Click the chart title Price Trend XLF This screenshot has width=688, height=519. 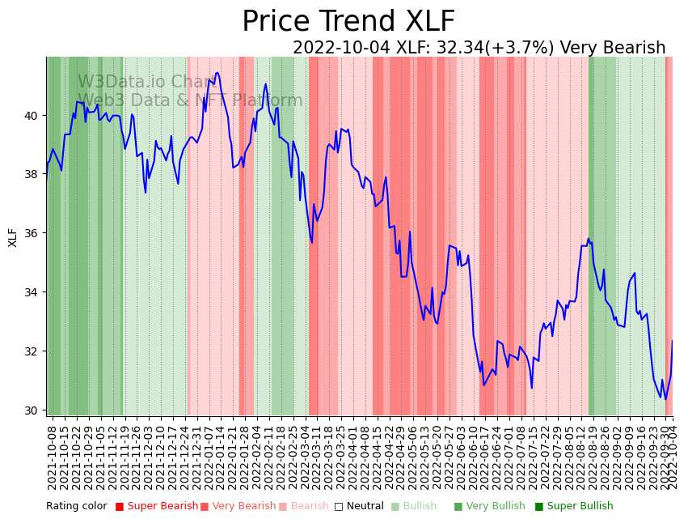348,22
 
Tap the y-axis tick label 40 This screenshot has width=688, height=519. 32,116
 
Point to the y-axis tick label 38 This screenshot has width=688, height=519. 32,174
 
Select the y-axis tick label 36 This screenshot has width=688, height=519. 32,233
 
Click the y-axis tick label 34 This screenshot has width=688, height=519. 32,292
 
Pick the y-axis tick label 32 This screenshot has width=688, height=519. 32,351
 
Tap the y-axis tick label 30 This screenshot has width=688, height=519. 32,411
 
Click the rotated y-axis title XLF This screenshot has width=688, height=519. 13,237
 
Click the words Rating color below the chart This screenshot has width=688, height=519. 76,507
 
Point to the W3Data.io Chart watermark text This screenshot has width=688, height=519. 146,82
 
